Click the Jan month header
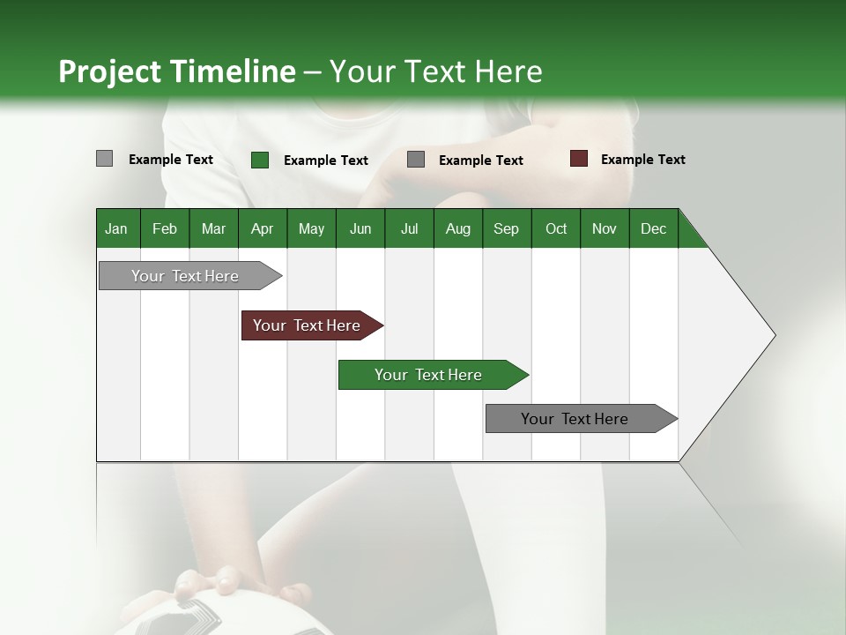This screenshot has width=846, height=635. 116,228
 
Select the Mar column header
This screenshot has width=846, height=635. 213,228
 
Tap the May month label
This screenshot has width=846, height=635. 311,228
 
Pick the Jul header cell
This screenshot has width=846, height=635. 409,228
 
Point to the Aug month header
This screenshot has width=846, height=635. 457,228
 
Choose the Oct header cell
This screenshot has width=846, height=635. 555,228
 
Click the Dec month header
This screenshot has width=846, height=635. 653,228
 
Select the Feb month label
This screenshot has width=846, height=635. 165,228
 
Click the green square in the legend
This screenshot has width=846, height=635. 260,160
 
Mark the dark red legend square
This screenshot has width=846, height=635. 579,159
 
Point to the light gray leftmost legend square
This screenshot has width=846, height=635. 104,159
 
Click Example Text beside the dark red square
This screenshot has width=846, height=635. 642,160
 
